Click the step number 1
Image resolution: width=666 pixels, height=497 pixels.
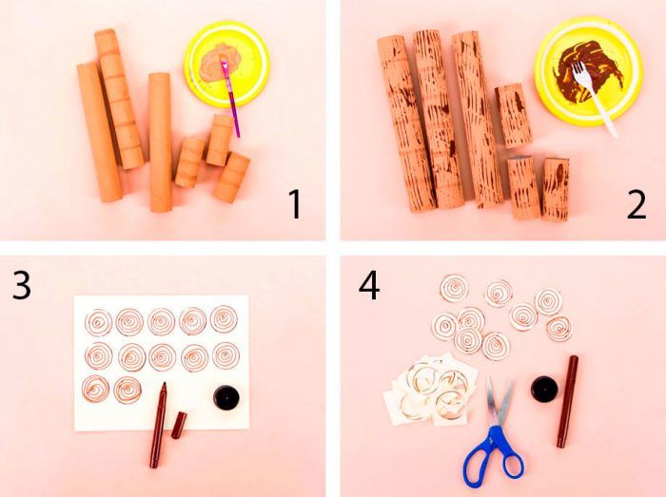[295, 204]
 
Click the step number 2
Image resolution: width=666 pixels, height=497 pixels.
[637, 204]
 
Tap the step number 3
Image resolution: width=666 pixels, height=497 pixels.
[21, 284]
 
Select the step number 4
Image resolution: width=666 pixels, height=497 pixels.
[369, 286]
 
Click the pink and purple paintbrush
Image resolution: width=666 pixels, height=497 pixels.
[230, 99]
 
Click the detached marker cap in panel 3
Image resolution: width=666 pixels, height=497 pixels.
[179, 426]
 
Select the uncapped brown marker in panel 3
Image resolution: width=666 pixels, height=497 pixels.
[158, 425]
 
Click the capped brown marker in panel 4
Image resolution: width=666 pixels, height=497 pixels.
[567, 402]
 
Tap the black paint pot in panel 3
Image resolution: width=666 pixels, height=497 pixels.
[226, 398]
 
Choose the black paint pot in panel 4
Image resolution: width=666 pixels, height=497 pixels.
[544, 389]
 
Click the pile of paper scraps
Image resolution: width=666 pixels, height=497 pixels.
[430, 389]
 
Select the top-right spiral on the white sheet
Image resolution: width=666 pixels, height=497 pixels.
[224, 319]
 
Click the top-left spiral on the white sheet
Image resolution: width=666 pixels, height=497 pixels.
[98, 323]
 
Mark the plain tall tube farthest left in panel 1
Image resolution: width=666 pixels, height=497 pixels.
[99, 132]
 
